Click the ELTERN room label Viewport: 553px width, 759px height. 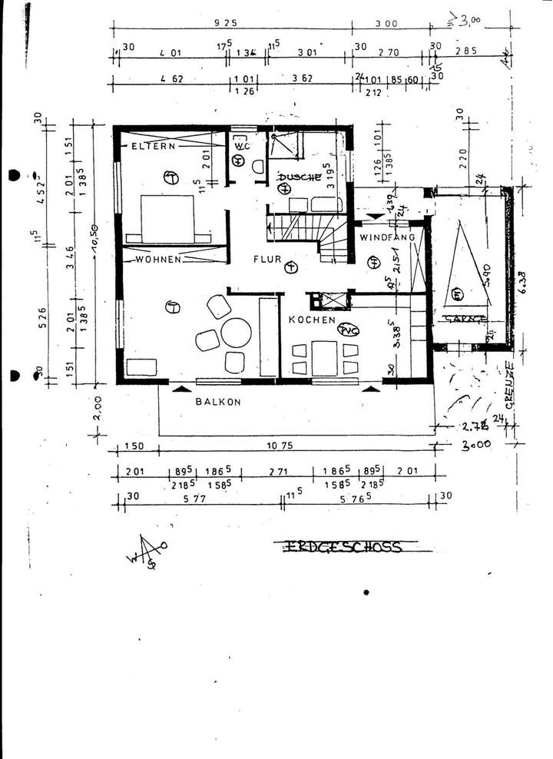coord(153,145)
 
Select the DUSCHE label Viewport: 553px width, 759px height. coord(299,176)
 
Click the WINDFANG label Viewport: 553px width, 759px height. coord(388,237)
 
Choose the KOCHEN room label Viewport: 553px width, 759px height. coord(312,319)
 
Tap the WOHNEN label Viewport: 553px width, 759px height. coord(158,260)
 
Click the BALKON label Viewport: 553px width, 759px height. coord(218,401)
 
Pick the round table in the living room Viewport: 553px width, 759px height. coord(236,334)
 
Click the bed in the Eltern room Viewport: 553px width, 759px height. coord(167,218)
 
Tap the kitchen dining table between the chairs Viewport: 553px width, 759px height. coord(325,357)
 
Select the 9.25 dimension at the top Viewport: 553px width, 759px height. coord(225,24)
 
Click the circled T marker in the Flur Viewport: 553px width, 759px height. coord(290,267)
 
